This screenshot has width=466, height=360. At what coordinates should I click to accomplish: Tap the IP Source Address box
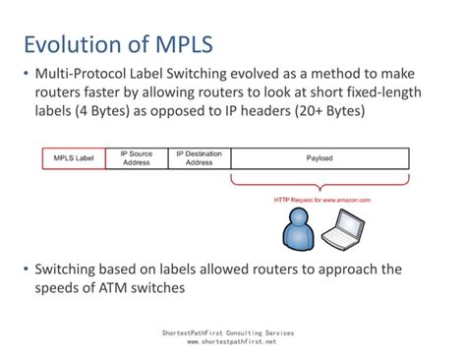click(137, 157)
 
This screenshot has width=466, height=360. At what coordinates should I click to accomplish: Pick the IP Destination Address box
click(200, 157)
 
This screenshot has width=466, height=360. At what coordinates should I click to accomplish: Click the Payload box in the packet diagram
click(320, 157)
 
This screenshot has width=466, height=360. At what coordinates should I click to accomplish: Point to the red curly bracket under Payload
click(320, 181)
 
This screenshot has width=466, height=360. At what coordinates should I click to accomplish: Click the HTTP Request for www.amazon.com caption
click(321, 200)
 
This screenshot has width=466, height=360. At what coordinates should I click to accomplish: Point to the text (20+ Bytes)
click(326, 112)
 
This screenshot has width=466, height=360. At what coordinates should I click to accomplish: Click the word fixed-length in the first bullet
click(374, 93)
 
